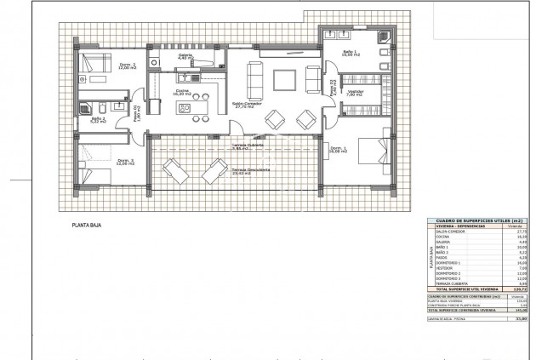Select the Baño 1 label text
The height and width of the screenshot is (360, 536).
coord(350,53)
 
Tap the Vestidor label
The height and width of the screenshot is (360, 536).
coord(356,93)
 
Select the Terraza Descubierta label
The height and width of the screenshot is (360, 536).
coord(252,170)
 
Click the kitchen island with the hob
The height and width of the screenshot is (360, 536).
coord(185,108)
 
